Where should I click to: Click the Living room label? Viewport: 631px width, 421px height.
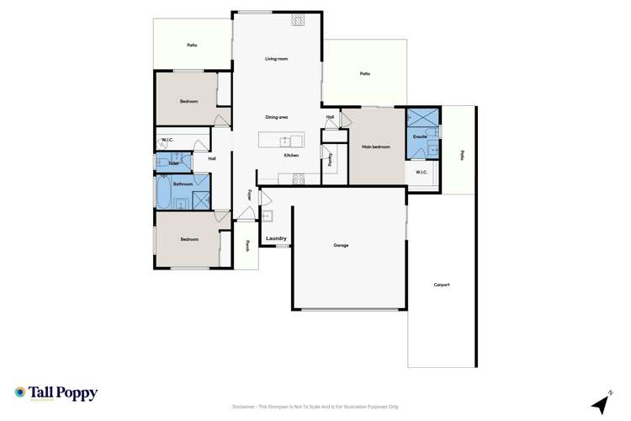click(x=277, y=59)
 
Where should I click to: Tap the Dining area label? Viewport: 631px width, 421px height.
click(x=277, y=117)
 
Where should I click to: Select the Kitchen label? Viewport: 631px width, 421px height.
click(x=291, y=156)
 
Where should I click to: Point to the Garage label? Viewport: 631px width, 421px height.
click(x=341, y=245)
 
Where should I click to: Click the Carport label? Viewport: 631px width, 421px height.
click(x=442, y=285)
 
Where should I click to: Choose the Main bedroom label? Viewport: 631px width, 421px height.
click(x=376, y=147)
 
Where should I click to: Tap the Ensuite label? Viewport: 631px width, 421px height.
click(x=419, y=136)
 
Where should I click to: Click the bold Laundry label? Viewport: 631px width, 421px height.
click(x=277, y=239)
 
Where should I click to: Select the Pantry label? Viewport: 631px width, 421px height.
click(x=331, y=158)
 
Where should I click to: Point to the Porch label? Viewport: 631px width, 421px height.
click(x=247, y=247)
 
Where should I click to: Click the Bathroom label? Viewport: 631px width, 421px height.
click(x=183, y=184)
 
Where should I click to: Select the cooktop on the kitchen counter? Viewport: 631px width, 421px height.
click(x=297, y=177)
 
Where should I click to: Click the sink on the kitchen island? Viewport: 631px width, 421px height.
click(x=286, y=141)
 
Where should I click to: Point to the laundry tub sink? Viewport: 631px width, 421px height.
click(x=266, y=216)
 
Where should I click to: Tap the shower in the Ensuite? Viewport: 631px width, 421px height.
click(x=418, y=117)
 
